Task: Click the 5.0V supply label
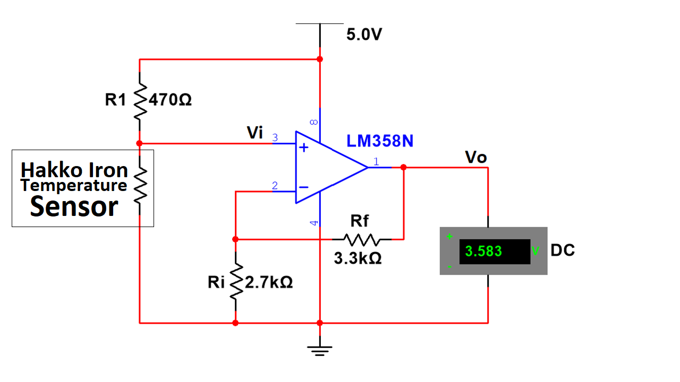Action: [364, 34]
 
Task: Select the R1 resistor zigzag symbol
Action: [140, 101]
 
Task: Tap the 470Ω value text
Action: [170, 100]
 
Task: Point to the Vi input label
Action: [254, 133]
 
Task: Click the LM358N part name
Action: [380, 141]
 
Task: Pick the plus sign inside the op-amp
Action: [303, 147]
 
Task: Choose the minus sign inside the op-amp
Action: [303, 187]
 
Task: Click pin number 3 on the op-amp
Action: [275, 137]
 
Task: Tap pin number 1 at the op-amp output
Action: [376, 162]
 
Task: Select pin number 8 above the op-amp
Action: [314, 122]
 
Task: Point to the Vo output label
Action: [475, 158]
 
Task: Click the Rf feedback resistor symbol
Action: [362, 239]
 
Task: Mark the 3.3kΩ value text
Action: [358, 258]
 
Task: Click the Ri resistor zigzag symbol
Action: [236, 282]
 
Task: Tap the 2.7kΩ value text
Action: [269, 282]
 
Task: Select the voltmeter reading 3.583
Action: [483, 251]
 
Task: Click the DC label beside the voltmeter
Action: [563, 250]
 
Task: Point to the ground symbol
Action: [320, 351]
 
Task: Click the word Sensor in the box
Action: [74, 206]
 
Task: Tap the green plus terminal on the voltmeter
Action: [449, 237]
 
